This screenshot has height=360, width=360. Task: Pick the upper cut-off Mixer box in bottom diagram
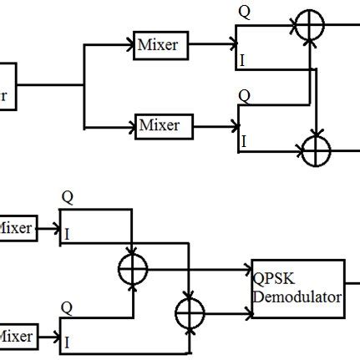click(x=17, y=228)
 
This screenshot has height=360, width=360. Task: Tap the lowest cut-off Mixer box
click(x=17, y=337)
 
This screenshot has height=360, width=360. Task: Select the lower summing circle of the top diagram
click(x=317, y=151)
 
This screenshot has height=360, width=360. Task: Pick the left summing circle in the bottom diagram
click(x=132, y=269)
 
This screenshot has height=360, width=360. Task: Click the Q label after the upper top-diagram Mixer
click(x=243, y=12)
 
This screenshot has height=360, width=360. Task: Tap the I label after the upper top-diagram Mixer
click(x=243, y=62)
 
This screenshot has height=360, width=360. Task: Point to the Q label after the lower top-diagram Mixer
click(x=243, y=96)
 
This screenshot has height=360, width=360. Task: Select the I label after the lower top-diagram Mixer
click(x=243, y=142)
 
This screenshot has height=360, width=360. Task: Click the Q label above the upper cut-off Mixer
click(x=67, y=197)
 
